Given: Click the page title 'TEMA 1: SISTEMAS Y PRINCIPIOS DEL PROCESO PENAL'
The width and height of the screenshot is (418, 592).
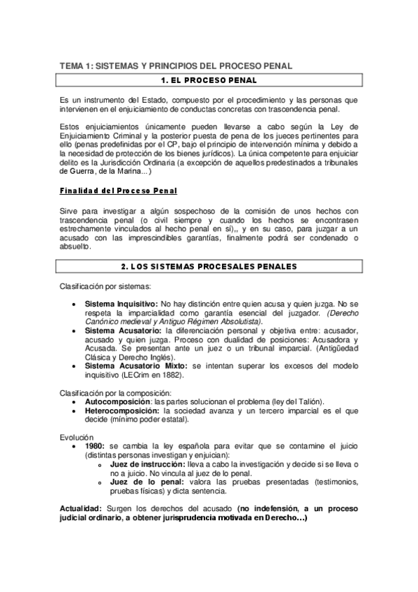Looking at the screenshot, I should (175, 66).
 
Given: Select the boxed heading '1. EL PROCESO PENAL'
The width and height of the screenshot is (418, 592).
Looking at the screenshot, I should (209, 81).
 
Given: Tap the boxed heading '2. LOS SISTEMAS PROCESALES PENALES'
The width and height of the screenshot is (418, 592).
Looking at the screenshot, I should (209, 266).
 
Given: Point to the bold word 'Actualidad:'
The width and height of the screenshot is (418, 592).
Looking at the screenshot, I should (80, 508).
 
